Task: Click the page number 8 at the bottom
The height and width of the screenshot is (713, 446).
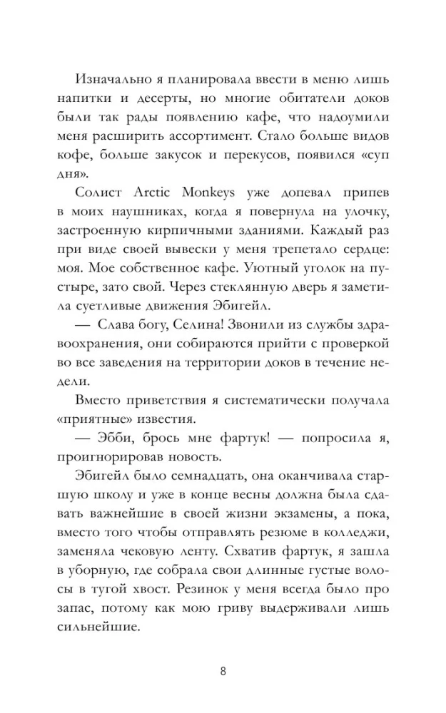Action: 223,671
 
